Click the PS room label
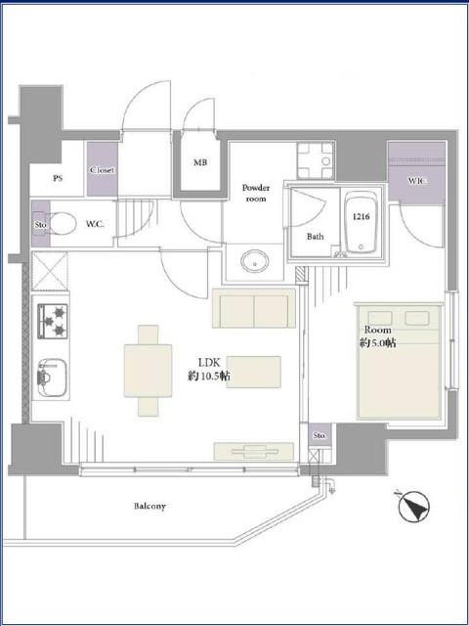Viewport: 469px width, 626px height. (x=58, y=178)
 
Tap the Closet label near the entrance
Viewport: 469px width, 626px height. (x=102, y=170)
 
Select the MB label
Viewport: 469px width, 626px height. (x=200, y=162)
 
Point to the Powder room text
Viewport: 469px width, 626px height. (x=256, y=193)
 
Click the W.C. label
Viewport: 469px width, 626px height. (x=95, y=224)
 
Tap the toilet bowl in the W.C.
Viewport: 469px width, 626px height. (x=63, y=224)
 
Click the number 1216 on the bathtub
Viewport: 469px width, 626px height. (x=362, y=217)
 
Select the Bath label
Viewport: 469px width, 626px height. (x=315, y=237)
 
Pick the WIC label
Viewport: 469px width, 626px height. (x=417, y=181)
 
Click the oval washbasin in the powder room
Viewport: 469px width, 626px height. (x=254, y=261)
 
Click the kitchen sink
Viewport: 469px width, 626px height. (x=52, y=378)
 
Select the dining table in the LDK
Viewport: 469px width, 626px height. (x=148, y=371)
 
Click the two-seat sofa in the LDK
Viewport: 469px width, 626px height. (x=254, y=308)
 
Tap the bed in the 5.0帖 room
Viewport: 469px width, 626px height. (x=400, y=363)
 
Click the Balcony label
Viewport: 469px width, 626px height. (x=149, y=507)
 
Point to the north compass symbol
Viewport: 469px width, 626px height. (x=413, y=507)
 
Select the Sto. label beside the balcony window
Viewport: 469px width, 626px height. (x=320, y=436)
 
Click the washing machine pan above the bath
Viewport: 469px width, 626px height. (x=316, y=160)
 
